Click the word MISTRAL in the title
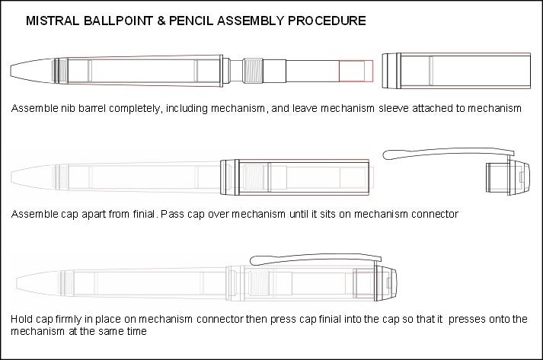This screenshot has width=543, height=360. point(53,21)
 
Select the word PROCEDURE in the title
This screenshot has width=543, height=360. point(327,21)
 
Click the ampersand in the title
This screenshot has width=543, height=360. point(161,21)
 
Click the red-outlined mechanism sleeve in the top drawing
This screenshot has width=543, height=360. point(356,72)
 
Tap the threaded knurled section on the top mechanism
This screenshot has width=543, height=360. point(253,71)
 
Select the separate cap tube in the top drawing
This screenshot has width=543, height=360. point(456,71)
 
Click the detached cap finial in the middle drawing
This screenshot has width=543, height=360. point(508,177)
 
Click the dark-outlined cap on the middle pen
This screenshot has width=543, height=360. point(295,177)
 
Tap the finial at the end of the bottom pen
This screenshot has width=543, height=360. point(386,283)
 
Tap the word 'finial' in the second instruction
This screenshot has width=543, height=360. point(144,214)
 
